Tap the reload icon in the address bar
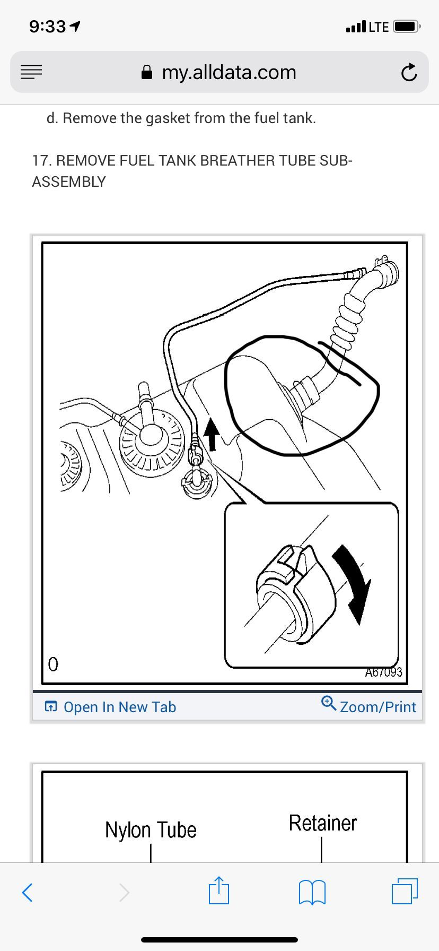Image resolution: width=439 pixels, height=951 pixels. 409,73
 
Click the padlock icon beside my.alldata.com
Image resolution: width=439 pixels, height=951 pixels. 147,73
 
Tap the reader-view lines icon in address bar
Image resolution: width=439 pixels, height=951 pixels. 31,72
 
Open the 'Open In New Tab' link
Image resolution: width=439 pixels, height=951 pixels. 111,707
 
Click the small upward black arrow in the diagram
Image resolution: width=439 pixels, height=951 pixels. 212,432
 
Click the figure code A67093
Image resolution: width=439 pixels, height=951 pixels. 383,672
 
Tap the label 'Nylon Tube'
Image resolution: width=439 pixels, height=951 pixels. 151,830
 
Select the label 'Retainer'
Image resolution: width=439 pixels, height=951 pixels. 322,823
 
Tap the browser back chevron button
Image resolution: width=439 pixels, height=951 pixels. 28,892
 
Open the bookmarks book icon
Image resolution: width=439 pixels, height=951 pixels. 312,892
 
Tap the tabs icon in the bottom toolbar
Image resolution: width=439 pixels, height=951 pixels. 405,892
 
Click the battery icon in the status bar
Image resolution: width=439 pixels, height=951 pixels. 407,27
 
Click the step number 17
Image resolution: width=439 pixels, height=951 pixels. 40,160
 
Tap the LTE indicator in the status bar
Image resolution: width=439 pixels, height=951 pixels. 379,27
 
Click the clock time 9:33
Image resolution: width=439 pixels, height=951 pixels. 48,27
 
